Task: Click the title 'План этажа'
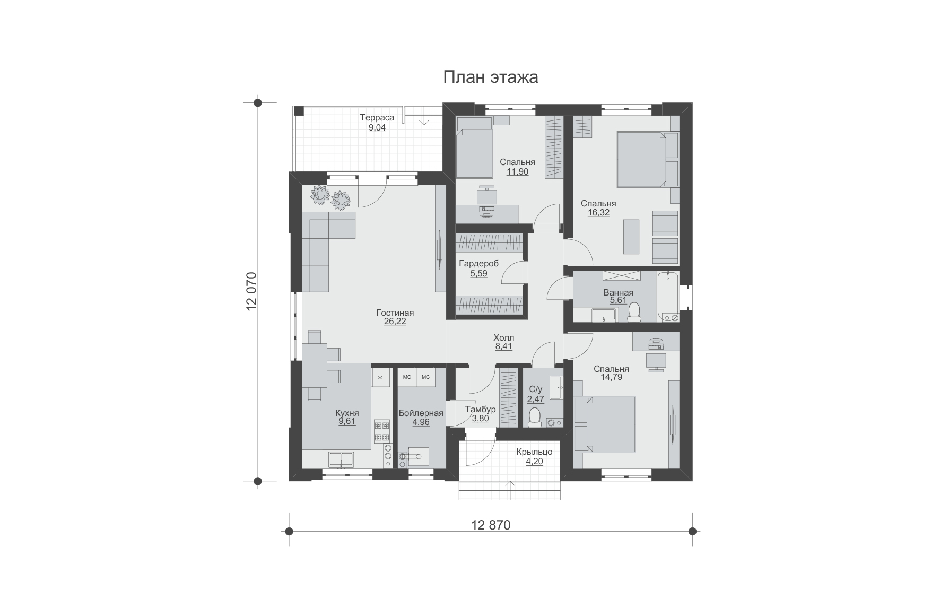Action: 491,77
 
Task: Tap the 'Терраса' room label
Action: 377,118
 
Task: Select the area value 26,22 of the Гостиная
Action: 395,322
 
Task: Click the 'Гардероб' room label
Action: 479,264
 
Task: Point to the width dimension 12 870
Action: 491,525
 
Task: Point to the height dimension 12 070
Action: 251,290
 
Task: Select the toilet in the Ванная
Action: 633,312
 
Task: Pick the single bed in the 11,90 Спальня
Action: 474,148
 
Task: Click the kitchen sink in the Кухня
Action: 342,459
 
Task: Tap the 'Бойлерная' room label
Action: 421,413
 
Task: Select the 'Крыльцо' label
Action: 535,452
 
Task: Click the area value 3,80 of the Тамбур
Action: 480,419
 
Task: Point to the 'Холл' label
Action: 503,338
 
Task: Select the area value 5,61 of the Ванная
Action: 618,300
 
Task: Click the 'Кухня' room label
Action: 347,413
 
